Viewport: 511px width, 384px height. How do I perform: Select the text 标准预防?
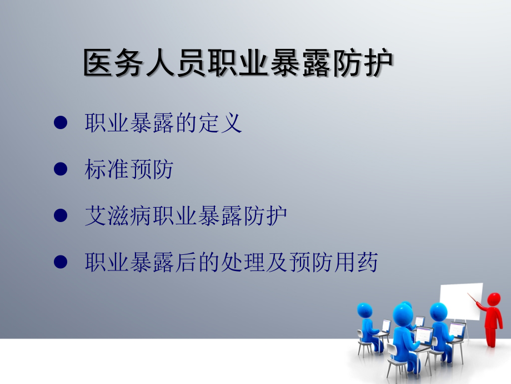(129, 169)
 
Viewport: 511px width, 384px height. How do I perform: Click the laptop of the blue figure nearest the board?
(457, 329)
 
